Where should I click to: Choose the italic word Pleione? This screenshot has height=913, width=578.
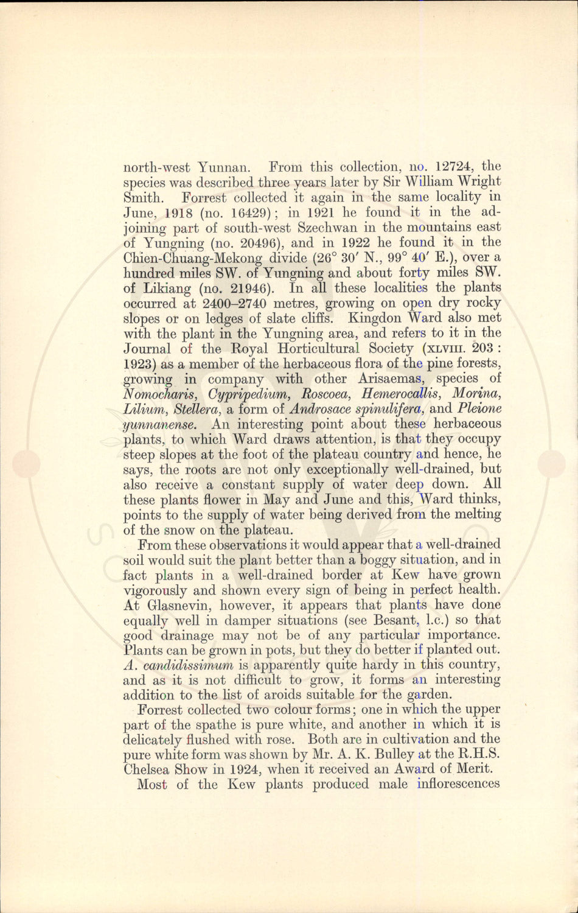coord(478,409)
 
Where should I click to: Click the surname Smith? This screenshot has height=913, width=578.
coord(144,197)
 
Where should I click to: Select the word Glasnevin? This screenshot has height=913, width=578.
coord(177,605)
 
